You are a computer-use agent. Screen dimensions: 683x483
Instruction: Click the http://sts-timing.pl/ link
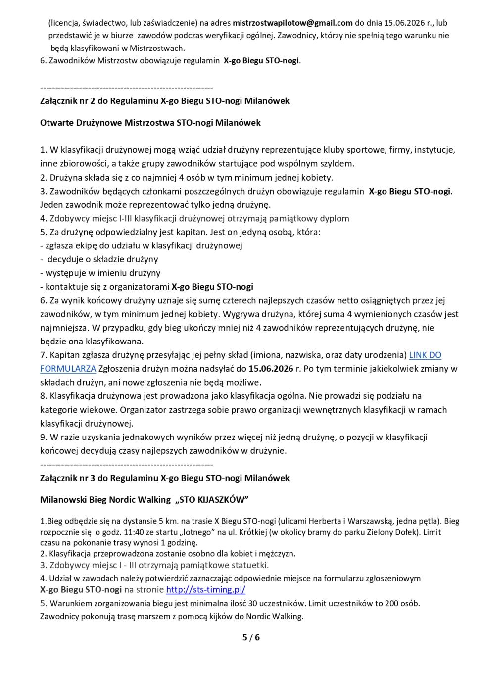click(x=206, y=590)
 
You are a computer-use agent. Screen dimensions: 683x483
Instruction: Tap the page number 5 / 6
click(x=251, y=637)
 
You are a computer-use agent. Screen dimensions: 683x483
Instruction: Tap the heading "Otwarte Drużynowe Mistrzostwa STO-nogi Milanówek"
click(x=150, y=123)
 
